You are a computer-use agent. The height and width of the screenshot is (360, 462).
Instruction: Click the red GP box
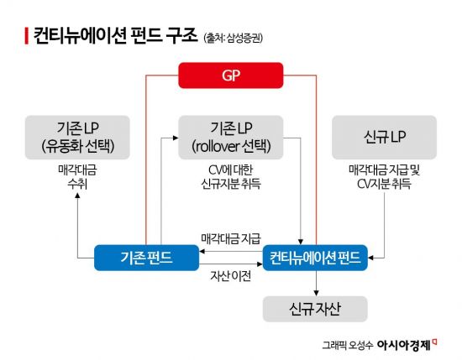(x=231, y=76)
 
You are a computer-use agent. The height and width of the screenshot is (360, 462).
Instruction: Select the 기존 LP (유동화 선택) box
(x=76, y=137)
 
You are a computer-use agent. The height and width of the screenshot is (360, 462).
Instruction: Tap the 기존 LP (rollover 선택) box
(x=231, y=137)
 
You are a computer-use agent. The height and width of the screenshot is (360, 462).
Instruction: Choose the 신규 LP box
(x=384, y=137)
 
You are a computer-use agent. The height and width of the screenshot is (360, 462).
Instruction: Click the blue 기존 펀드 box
(x=146, y=258)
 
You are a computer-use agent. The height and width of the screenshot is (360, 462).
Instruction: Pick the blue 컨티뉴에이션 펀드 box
(x=315, y=258)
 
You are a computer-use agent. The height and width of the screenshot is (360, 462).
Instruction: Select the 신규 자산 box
(x=315, y=306)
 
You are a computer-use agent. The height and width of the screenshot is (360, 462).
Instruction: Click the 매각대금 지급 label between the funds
(x=230, y=238)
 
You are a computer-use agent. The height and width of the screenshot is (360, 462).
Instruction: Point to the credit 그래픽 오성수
(x=347, y=344)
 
